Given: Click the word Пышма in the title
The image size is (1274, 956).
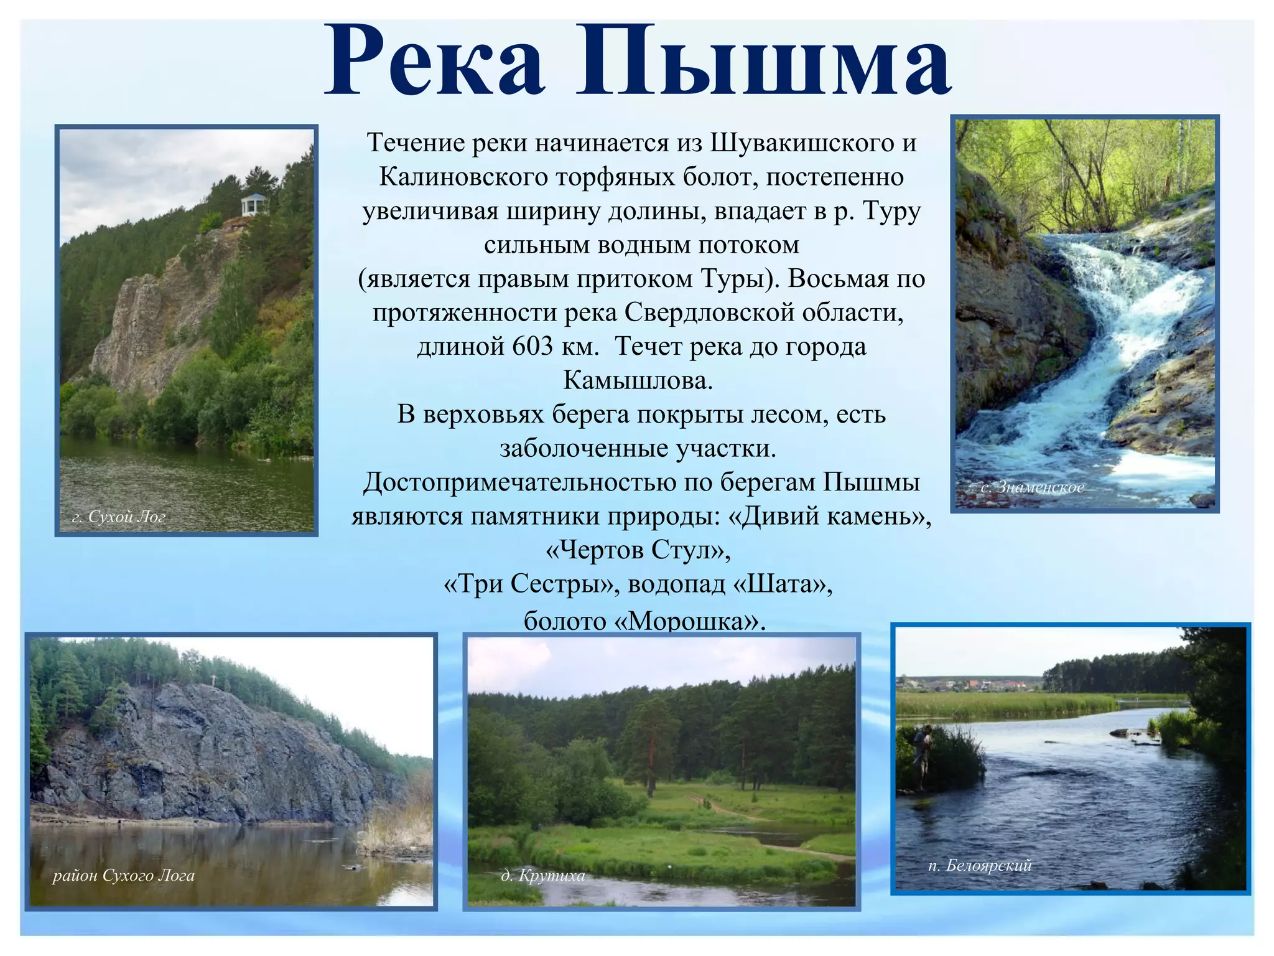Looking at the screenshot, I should point(764,62).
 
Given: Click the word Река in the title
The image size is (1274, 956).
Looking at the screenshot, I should point(435,62).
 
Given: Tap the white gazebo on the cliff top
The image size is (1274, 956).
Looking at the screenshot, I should point(253,205).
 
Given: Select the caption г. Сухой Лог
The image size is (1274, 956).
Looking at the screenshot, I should point(119,517).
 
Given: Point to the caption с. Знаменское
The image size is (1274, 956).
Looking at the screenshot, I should point(1033,487).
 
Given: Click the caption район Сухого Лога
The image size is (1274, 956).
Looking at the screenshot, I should point(123,876).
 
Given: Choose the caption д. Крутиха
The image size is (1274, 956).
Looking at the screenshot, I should point(543,876).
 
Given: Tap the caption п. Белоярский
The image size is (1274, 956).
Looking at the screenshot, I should point(980,865).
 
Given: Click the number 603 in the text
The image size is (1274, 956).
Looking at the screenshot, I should point(532,347).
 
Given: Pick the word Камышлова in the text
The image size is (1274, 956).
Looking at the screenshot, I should point(638,380).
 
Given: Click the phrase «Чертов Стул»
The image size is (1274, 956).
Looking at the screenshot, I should point(638,550).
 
